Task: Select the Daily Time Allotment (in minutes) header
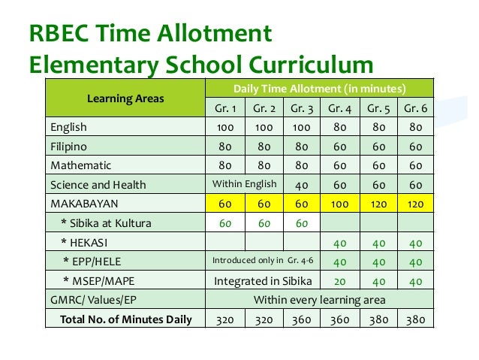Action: coord(320,86)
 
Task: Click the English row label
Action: coord(69,126)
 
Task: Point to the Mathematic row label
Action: coord(81,165)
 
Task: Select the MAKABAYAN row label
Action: coord(83,203)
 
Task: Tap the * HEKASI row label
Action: coord(85,242)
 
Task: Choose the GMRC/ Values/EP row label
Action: coord(94,301)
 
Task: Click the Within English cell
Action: coord(245,184)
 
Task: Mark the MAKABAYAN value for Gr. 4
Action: coord(339,203)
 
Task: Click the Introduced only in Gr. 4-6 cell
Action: coord(264,262)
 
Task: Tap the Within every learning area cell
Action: coord(320,301)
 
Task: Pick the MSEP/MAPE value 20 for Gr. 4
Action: coord(339,281)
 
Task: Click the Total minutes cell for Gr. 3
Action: coord(302,319)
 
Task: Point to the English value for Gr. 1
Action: coord(224,126)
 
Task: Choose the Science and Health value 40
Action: coord(302,184)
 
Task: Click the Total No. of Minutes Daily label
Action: coord(121,319)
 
